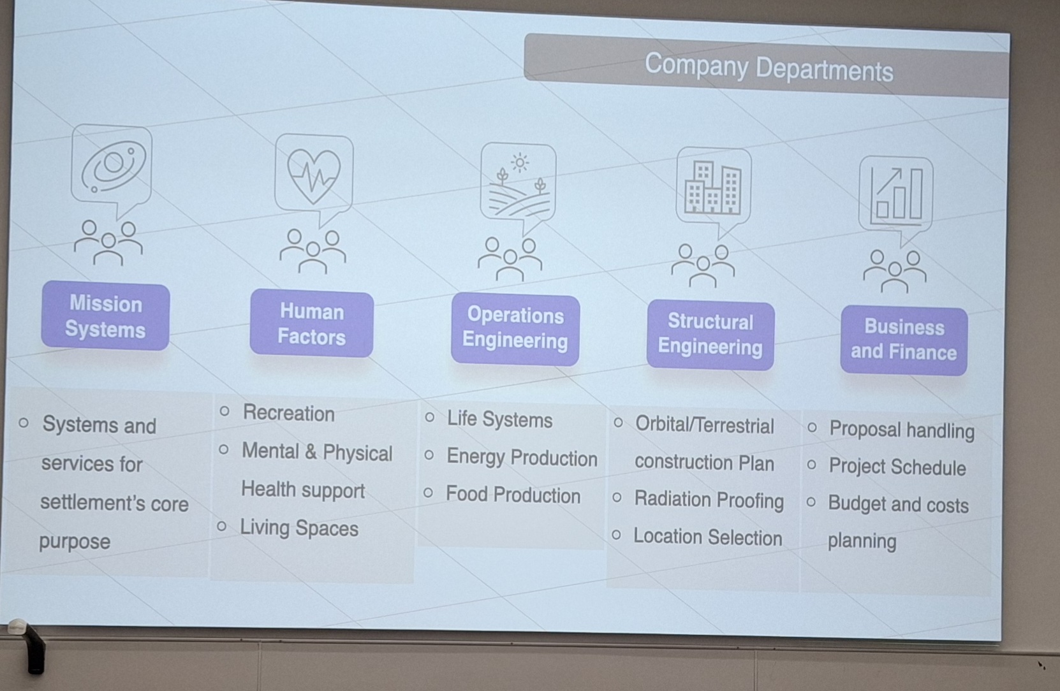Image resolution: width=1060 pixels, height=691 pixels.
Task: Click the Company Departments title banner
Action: point(767,66)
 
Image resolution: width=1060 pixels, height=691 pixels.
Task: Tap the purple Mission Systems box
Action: point(105,316)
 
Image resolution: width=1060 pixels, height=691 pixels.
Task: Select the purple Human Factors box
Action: point(312,324)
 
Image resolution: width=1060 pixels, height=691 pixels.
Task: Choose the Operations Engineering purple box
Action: point(515,329)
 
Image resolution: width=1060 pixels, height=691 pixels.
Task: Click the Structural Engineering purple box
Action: point(710,335)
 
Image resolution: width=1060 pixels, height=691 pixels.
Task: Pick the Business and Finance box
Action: point(904,340)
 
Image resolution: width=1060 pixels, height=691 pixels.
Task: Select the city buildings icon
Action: point(712,187)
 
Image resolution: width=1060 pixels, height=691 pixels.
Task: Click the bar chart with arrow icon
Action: point(896,194)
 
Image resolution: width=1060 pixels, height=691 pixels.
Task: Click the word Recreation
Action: point(289,413)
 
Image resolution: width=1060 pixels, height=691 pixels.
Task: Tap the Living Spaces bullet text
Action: point(299,527)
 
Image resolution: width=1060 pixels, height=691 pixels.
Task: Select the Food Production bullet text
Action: point(513,495)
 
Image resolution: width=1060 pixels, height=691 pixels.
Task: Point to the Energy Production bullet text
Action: point(522,457)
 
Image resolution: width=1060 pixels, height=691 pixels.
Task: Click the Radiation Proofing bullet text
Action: point(709,500)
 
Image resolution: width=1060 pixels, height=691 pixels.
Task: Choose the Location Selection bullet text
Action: point(707,537)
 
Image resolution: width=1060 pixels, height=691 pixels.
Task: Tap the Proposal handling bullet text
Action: point(902,430)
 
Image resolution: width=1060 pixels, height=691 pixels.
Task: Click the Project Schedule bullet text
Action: point(897,467)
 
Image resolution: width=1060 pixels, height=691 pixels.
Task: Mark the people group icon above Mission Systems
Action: point(108,243)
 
